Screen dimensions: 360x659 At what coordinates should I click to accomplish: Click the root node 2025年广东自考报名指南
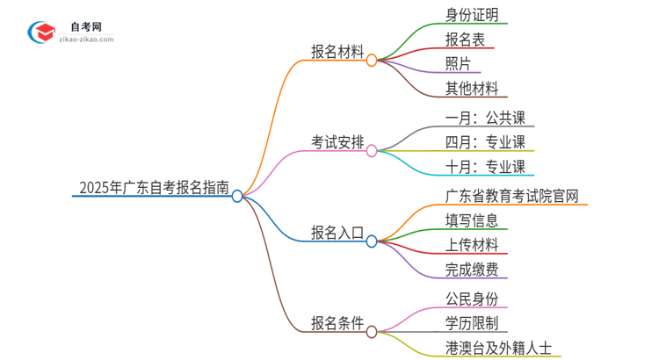click(x=154, y=187)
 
